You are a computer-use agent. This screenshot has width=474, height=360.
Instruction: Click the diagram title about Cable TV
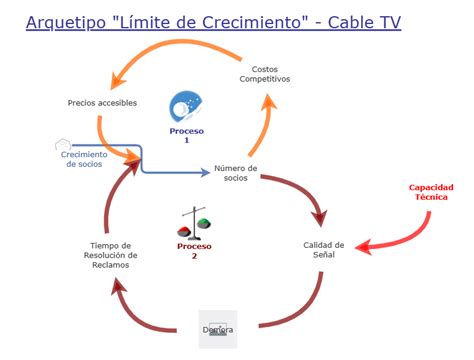click(213, 21)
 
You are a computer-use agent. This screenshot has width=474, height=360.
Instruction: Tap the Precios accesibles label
click(102, 102)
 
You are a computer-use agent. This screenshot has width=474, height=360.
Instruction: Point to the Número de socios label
click(236, 173)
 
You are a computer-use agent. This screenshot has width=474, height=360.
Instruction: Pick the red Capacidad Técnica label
click(432, 192)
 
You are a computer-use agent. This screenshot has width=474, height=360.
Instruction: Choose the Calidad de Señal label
click(324, 249)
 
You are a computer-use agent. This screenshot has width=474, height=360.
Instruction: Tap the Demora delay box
click(217, 330)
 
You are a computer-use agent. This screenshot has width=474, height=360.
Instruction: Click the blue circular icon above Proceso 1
click(186, 106)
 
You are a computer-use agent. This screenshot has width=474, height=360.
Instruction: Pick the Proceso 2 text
click(194, 250)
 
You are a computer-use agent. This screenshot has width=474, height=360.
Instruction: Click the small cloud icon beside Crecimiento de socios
click(62, 145)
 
